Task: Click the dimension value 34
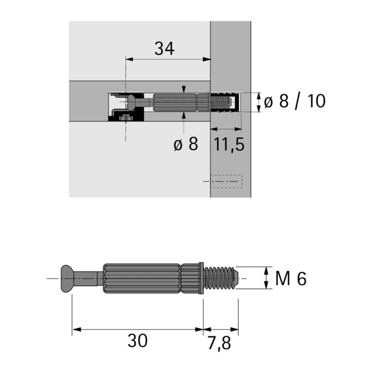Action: coord(164,49)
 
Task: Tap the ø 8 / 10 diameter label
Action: coord(295,101)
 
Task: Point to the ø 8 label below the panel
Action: coord(186,144)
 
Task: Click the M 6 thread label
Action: coord(291,278)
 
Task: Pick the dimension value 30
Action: coord(137,340)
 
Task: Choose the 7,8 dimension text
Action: coord(219,343)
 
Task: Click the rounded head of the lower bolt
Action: coord(67,278)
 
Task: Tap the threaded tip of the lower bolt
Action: coord(220,278)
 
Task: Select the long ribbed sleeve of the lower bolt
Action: coord(142,278)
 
